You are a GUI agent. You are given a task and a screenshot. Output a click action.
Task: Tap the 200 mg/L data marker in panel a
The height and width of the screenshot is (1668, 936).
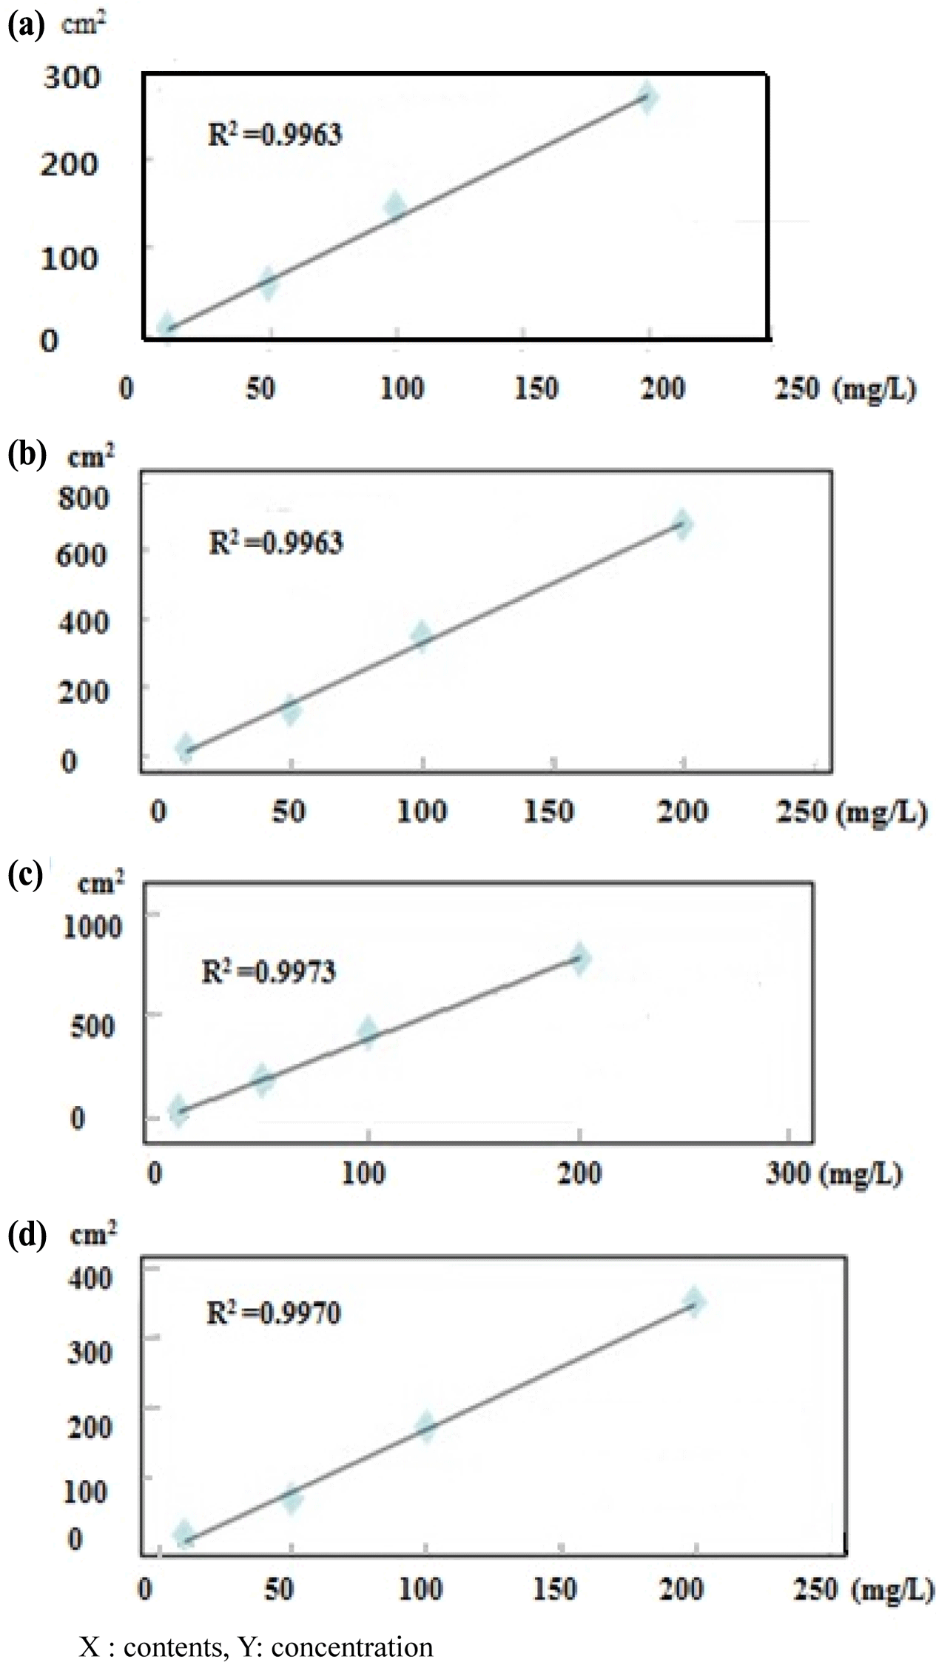[x=647, y=98]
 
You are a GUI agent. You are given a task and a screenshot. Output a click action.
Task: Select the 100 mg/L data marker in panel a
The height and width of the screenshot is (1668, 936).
[x=396, y=207]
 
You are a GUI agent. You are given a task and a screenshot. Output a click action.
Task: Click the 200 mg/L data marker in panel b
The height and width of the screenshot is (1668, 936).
[x=681, y=525]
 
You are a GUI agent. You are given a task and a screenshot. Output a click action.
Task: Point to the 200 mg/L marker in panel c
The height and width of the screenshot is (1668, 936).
[x=579, y=958]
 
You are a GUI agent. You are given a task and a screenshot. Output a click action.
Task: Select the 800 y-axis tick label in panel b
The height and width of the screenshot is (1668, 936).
[x=84, y=497]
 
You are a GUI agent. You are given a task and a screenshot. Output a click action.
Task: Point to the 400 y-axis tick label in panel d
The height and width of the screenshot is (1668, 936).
[x=90, y=1279]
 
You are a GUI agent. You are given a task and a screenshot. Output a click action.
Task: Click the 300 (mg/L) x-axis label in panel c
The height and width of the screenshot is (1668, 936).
[x=832, y=1174]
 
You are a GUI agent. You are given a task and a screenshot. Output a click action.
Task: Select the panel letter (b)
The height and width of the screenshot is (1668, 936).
[x=27, y=455]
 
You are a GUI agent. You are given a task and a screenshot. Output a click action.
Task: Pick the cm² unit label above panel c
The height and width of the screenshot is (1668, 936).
[x=101, y=883]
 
